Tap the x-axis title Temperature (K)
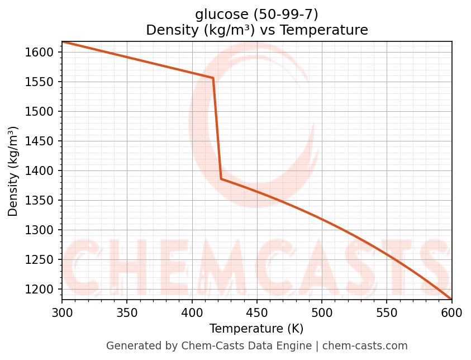tap(256, 329)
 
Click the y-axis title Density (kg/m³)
tap(13, 171)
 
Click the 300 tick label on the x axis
tap(62, 311)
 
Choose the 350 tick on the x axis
tap(127, 311)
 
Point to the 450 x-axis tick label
tap(256, 311)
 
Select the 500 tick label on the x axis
tap(322, 311)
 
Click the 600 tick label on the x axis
tap(451, 311)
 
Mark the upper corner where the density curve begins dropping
tap(213, 78)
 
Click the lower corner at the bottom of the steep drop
tap(221, 179)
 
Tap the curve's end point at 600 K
tap(451, 299)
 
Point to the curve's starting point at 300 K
tap(62, 42)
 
